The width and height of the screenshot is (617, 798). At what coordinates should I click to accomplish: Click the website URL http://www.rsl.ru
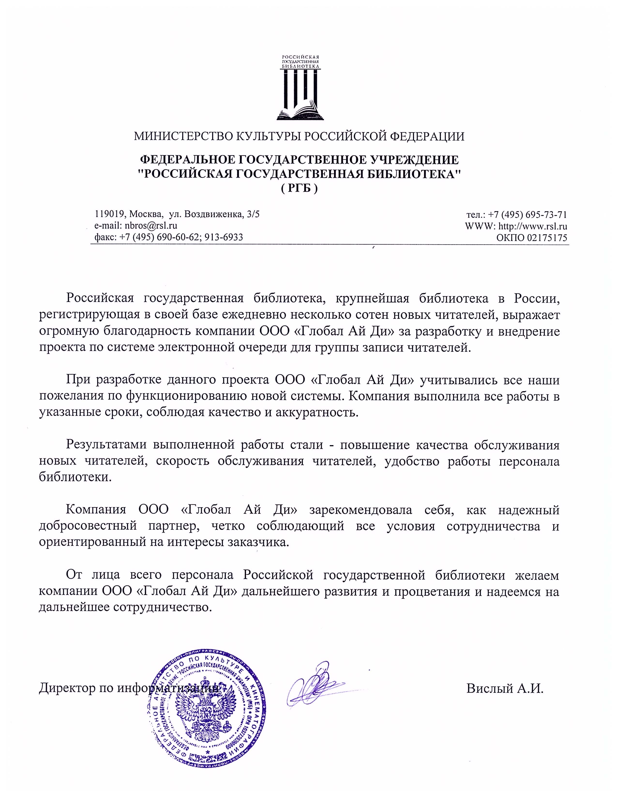click(533, 226)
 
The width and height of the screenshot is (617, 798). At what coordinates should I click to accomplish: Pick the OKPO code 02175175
click(547, 238)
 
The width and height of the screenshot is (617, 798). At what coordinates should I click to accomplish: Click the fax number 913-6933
click(224, 237)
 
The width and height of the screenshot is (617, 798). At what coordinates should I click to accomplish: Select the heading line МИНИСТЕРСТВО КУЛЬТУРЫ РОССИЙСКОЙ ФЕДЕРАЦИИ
click(299, 136)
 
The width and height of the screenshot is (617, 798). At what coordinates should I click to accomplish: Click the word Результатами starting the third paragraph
click(106, 445)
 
